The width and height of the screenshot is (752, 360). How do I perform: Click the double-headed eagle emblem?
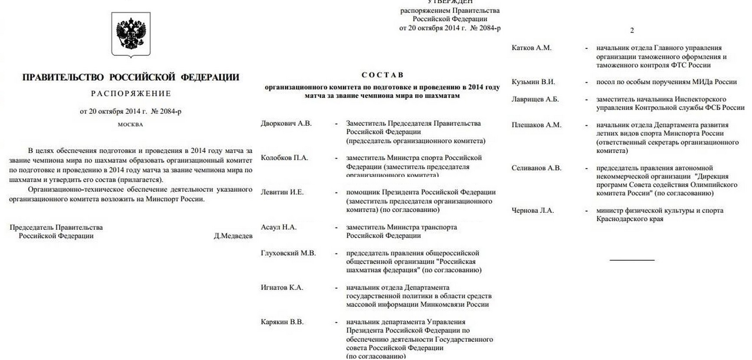(x=131, y=34)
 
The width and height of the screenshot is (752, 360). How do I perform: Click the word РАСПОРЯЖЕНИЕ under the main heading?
(x=131, y=94)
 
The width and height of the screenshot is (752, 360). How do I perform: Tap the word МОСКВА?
(x=130, y=124)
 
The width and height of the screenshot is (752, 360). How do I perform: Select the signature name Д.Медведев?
(x=233, y=236)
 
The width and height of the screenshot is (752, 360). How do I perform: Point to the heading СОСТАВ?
(x=382, y=75)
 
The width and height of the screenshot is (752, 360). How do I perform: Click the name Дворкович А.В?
(x=286, y=123)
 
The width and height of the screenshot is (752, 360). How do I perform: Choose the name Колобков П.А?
(x=284, y=158)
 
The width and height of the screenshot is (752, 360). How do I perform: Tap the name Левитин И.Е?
(x=282, y=192)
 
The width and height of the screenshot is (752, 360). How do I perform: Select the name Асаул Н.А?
(x=279, y=227)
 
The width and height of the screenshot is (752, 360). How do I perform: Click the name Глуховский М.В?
(x=288, y=253)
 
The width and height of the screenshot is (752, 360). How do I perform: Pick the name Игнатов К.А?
(x=282, y=288)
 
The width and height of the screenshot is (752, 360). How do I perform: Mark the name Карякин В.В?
(x=282, y=322)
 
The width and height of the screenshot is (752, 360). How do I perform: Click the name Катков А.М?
(x=532, y=48)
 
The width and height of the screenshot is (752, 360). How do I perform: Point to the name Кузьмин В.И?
(x=533, y=82)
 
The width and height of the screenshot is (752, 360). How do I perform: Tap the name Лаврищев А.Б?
(x=535, y=99)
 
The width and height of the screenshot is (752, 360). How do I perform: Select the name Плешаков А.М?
(x=536, y=125)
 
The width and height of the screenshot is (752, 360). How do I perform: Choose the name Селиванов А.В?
(x=536, y=168)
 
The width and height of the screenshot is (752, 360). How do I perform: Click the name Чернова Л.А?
(x=533, y=211)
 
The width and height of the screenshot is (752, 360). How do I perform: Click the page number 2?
(x=632, y=30)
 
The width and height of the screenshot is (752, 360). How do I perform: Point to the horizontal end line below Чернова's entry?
(x=632, y=260)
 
